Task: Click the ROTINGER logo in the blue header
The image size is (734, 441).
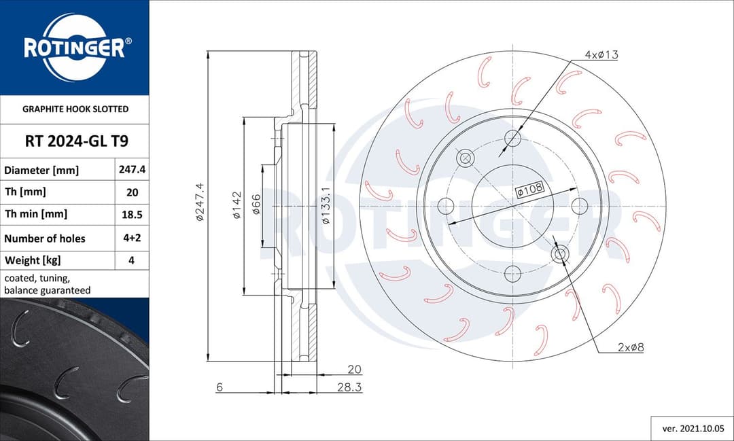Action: (x=74, y=48)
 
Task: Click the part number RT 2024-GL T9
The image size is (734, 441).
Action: (x=74, y=142)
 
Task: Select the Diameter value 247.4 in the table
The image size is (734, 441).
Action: (x=132, y=170)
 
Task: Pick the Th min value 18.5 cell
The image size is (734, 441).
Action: (x=132, y=214)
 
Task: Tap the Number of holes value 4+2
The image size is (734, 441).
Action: (x=132, y=239)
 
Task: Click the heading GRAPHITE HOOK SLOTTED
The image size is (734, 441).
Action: (x=75, y=109)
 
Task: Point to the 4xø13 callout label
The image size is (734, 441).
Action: (x=601, y=55)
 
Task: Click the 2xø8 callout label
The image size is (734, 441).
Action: (x=630, y=347)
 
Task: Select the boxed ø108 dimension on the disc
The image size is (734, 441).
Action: (x=530, y=190)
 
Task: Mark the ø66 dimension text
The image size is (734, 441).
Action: (x=256, y=205)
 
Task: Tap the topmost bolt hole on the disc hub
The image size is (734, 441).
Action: (x=512, y=139)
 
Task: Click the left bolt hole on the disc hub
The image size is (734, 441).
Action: (x=445, y=205)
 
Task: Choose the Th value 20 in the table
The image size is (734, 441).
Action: (x=132, y=192)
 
